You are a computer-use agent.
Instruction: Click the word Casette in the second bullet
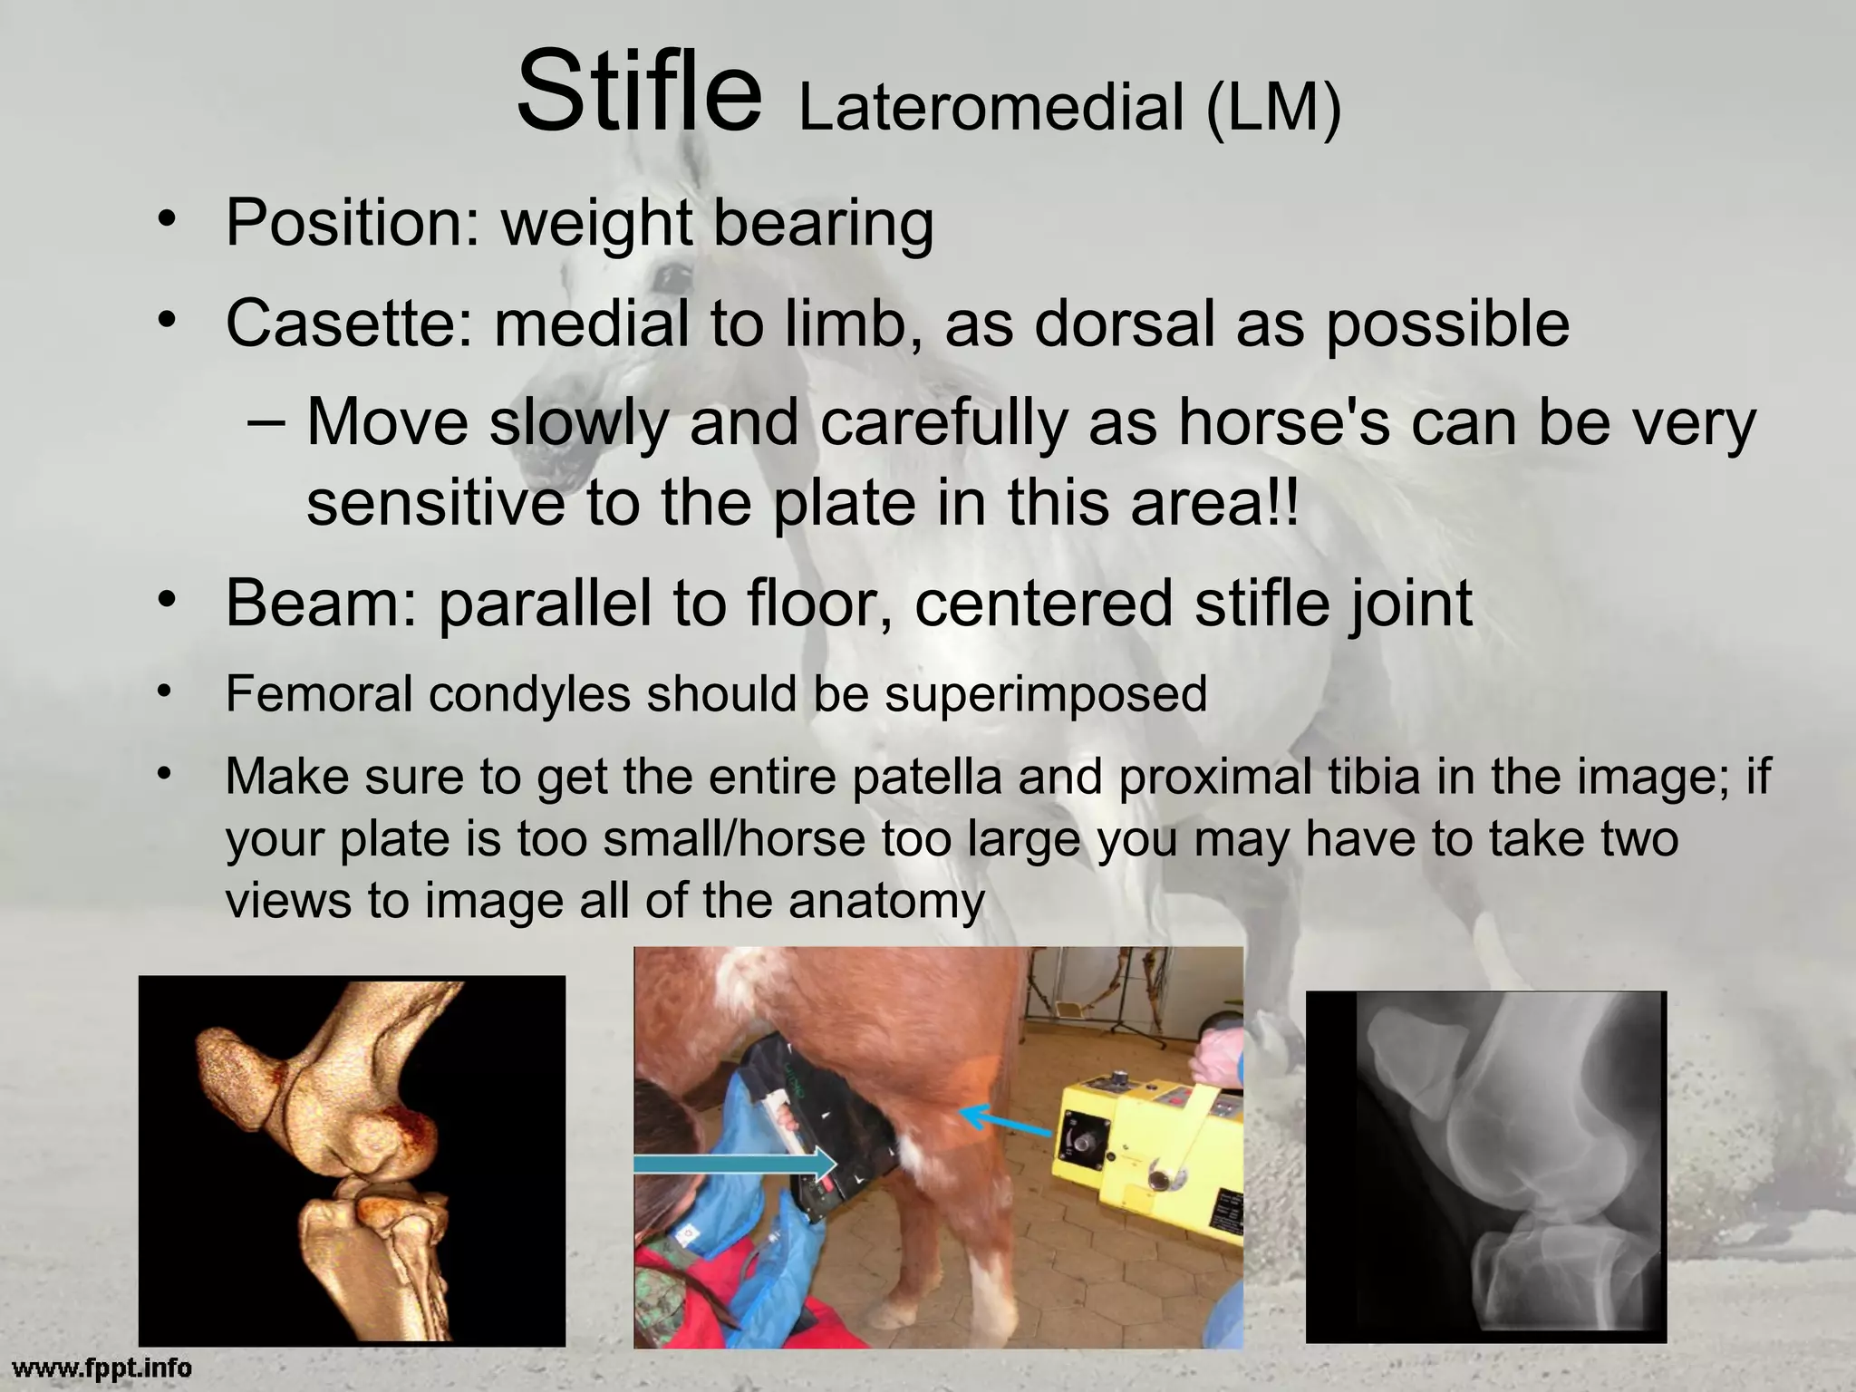pyautogui.click(x=348, y=324)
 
